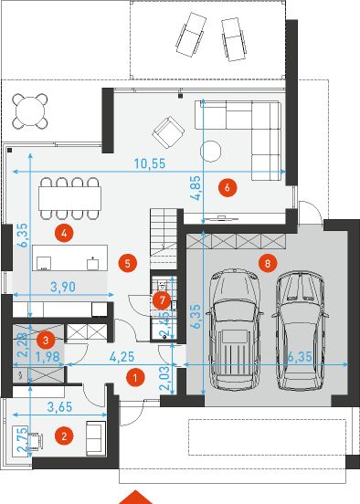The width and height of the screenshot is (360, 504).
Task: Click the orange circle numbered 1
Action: (x=133, y=376)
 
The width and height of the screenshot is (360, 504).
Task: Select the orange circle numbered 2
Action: (x=63, y=436)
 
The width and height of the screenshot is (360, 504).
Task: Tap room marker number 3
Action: (x=43, y=338)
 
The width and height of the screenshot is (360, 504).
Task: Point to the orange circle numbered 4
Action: (x=62, y=232)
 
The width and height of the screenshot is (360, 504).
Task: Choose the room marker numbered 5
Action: (x=128, y=263)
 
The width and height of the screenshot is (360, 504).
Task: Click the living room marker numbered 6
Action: (x=228, y=187)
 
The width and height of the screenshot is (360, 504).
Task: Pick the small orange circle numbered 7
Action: (x=161, y=299)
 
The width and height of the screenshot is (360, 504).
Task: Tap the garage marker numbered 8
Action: (x=266, y=263)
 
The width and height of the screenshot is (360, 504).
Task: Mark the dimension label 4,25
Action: (x=112, y=357)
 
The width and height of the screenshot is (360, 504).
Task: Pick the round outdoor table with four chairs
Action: (x=31, y=111)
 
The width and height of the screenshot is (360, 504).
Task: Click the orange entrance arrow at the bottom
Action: (x=138, y=497)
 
